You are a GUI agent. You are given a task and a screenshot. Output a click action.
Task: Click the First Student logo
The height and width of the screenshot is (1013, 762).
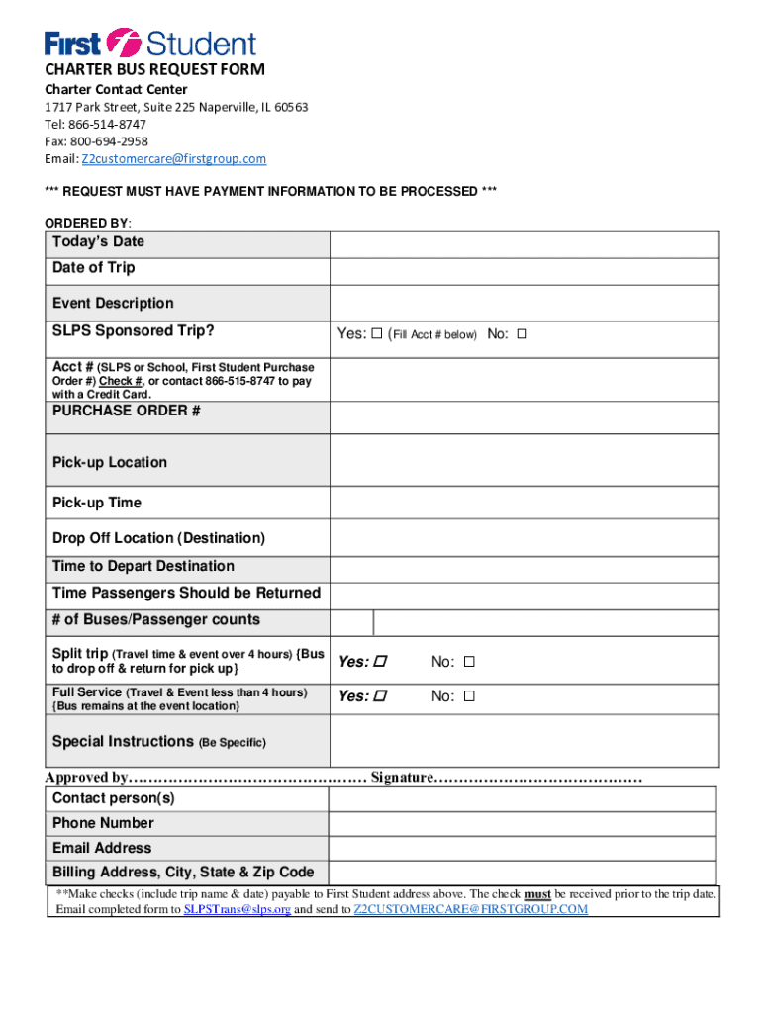[149, 43]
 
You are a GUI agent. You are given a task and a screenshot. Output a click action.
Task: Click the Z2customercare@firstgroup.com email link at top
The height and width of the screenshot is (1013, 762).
[173, 159]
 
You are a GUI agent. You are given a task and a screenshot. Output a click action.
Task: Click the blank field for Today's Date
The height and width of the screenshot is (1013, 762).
[524, 244]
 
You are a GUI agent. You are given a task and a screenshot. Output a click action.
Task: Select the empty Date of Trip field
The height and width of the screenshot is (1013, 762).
[524, 271]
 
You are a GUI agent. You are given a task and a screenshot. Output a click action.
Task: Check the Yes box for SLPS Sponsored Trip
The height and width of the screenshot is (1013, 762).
[377, 334]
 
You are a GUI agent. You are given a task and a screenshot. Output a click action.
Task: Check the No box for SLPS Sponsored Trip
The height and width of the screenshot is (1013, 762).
[523, 334]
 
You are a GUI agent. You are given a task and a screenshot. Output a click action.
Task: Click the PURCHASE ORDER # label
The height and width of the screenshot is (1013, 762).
[127, 411]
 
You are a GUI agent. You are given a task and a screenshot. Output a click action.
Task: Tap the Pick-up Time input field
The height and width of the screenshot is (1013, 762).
[524, 503]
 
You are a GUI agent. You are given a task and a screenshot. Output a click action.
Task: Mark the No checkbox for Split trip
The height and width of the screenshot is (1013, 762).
[469, 661]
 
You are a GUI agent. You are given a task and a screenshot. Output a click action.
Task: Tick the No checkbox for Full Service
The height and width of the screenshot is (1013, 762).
[469, 696]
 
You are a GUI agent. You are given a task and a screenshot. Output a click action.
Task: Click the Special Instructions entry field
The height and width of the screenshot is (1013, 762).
[524, 741]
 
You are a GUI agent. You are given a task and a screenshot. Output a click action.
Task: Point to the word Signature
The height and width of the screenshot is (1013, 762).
[402, 778]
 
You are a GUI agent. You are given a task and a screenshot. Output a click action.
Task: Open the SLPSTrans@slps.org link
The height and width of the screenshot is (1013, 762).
[238, 909]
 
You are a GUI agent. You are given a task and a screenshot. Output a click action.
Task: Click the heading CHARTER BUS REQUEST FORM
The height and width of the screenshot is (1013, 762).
[154, 70]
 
